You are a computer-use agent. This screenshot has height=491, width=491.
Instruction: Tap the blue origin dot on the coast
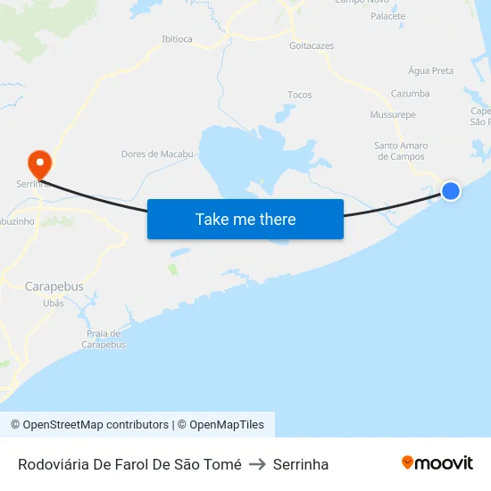point(451,190)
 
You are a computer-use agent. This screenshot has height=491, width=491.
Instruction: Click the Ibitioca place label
point(177,39)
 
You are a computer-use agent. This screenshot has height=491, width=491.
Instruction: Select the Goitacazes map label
point(312,45)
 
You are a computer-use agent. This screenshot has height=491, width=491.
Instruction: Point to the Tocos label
point(300,95)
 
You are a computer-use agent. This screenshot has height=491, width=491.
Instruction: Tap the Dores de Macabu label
point(157,154)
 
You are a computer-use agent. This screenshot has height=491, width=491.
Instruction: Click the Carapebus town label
point(54,287)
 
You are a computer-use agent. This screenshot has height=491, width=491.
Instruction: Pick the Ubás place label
point(54,304)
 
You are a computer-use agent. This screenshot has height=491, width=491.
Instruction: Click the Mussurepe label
point(393,114)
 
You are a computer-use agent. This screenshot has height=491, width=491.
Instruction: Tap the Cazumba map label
point(411,93)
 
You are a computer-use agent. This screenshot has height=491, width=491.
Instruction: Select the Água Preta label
point(430,71)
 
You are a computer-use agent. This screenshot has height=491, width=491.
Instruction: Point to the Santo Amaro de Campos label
point(401,151)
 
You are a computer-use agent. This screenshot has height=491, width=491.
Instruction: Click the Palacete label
point(387,16)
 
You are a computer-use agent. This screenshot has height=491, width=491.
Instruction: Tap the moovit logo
point(437,462)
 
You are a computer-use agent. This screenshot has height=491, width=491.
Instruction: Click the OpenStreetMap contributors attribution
point(89,425)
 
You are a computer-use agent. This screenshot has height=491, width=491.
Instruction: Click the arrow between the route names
point(257,464)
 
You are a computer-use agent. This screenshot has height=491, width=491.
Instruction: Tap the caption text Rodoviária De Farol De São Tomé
point(129,464)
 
